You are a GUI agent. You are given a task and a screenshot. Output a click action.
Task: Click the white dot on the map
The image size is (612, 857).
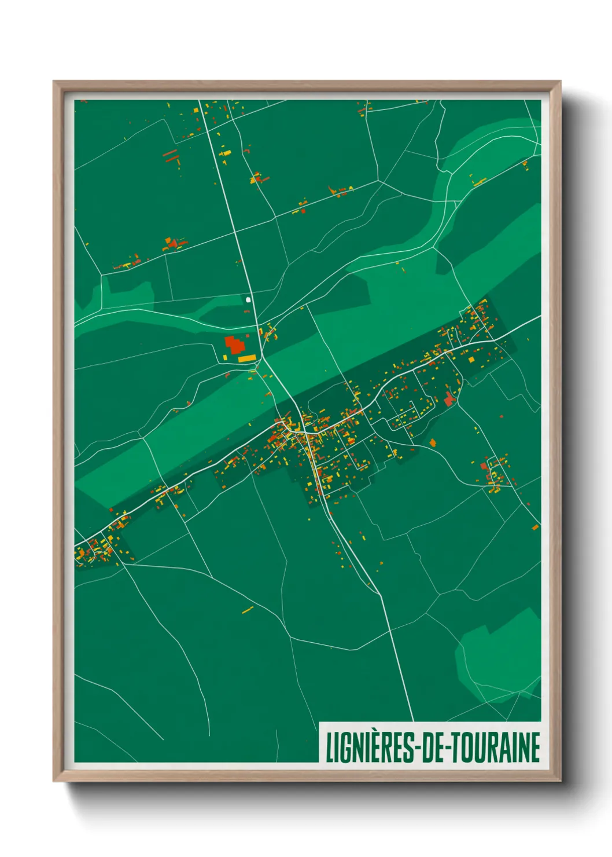(248, 300)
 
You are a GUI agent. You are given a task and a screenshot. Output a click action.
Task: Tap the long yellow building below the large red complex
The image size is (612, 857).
(246, 359)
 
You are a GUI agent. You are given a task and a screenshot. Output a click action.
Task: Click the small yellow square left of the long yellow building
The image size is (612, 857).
(226, 358)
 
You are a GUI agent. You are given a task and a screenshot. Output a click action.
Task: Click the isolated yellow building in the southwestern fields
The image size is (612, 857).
(248, 609)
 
